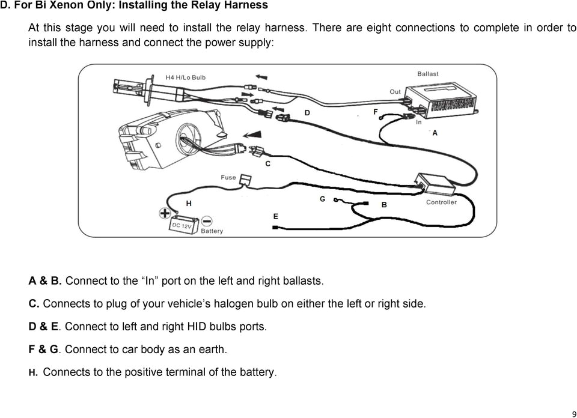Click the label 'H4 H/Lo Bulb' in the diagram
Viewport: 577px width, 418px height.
(x=186, y=78)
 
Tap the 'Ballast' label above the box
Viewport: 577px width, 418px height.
(x=428, y=74)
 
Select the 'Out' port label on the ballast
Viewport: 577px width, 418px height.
(x=395, y=92)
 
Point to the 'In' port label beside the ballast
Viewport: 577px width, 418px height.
(x=418, y=121)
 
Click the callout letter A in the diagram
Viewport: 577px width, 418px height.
(x=435, y=133)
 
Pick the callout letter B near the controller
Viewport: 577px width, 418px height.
(x=384, y=205)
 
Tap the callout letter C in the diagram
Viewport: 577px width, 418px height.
(x=268, y=163)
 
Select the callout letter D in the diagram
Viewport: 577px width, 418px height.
(x=307, y=112)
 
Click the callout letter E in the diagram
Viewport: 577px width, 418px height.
(x=275, y=216)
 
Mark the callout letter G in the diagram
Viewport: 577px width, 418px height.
(x=323, y=199)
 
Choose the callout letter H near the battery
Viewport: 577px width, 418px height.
(x=189, y=204)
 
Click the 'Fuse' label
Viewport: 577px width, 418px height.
(x=228, y=177)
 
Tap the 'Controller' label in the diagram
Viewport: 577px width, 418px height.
(x=441, y=202)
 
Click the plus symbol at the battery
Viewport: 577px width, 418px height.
(x=164, y=213)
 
